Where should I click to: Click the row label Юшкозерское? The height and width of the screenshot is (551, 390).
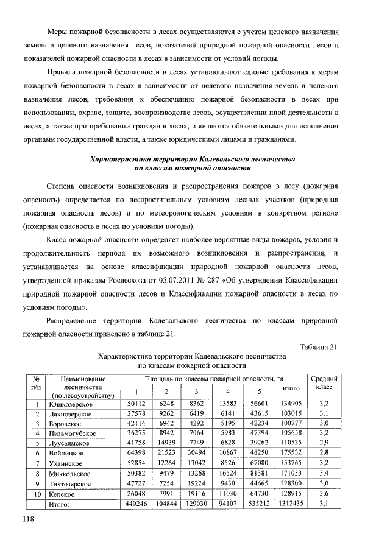(71, 403)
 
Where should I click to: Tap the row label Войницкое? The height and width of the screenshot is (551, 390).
(68, 454)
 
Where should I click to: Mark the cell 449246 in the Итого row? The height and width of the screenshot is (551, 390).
(136, 504)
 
